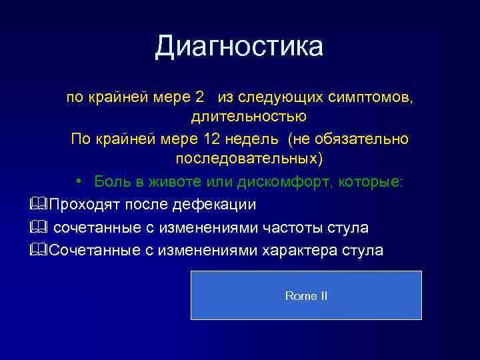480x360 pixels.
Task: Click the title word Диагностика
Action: (239, 47)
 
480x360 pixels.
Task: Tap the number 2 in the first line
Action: (199, 97)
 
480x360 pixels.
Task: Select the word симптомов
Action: (371, 97)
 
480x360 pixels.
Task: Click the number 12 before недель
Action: (208, 139)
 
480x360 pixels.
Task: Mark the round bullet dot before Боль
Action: (79, 182)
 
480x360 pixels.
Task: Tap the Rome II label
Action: (306, 295)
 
